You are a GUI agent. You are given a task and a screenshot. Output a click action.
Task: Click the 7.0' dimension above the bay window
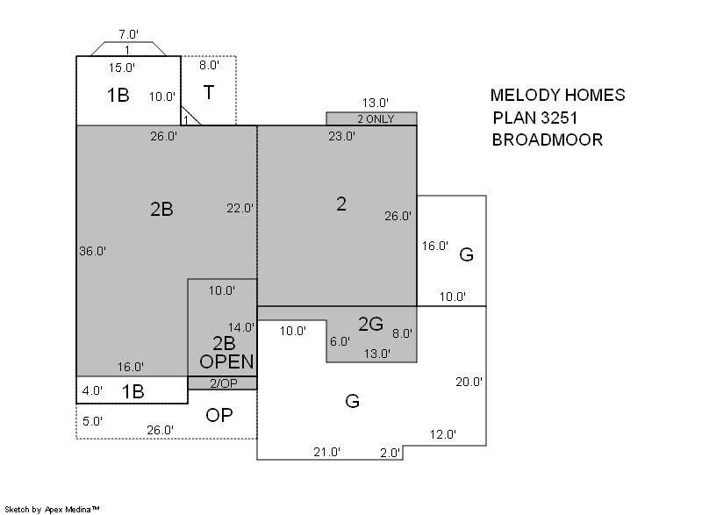[128, 34]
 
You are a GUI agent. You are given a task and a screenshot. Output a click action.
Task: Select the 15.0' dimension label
[122, 68]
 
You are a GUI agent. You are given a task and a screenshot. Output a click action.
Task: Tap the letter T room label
[209, 92]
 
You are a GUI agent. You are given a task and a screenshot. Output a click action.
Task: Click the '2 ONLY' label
[376, 119]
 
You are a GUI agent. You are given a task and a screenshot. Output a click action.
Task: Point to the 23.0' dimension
[342, 136]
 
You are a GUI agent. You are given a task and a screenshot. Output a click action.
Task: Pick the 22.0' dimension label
[240, 209]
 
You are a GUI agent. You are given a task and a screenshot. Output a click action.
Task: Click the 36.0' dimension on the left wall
[93, 251]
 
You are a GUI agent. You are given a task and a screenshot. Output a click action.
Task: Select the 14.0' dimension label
[240, 327]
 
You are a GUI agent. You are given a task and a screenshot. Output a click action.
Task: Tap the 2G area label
[370, 324]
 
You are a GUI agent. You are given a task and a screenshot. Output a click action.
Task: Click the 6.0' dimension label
[340, 342]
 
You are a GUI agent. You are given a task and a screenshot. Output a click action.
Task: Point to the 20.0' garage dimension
[469, 383]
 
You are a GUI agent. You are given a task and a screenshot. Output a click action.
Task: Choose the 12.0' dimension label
[443, 434]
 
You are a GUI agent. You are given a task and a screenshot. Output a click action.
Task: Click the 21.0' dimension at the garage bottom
[326, 453]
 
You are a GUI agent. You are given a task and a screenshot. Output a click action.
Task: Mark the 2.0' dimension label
[390, 453]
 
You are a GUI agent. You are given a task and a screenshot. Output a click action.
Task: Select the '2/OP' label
[224, 383]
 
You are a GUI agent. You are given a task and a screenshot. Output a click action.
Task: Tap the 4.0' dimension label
[92, 390]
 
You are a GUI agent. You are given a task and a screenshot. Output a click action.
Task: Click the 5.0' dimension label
[93, 421]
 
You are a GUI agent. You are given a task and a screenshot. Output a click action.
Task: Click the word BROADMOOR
[547, 140]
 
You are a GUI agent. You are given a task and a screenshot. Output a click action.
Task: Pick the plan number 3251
[559, 118]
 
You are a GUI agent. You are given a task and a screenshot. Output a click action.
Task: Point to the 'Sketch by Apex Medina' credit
[53, 509]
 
